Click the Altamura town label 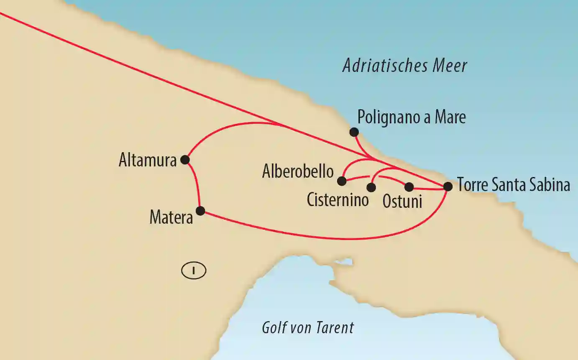148,161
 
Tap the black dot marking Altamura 185,159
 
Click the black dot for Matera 200,211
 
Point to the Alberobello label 298,172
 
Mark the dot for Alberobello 342,181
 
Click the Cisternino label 338,200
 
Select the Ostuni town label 402,202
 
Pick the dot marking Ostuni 409,187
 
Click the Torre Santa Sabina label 514,185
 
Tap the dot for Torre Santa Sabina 448,186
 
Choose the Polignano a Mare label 412,117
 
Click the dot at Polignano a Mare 354,132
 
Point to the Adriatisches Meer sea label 404,66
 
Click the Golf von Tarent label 308,328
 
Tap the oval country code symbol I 194,271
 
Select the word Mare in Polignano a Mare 450,117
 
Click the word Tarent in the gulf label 335,328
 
